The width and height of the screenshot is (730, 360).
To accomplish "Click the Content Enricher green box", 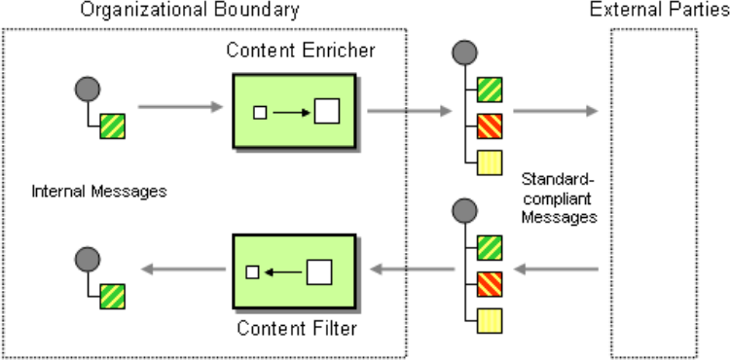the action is pyautogui.click(x=295, y=111).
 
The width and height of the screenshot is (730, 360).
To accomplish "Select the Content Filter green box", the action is pyautogui.click(x=295, y=271).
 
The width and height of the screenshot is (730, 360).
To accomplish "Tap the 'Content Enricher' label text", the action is pyautogui.click(x=301, y=51).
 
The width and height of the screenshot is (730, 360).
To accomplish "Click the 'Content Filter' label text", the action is pyautogui.click(x=297, y=328).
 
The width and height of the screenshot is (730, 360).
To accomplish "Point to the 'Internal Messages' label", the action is pyautogui.click(x=99, y=191).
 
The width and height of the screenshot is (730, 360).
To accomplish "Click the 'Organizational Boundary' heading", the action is pyautogui.click(x=190, y=10).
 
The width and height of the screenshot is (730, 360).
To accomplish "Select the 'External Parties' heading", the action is pyautogui.click(x=660, y=10).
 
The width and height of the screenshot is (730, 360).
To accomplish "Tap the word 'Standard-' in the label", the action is pyautogui.click(x=559, y=180).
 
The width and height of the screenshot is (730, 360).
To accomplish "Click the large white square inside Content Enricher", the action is pyautogui.click(x=327, y=111).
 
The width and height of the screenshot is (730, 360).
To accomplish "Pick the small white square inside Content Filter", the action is pyautogui.click(x=252, y=272).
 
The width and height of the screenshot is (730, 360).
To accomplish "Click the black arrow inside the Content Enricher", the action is pyautogui.click(x=291, y=113).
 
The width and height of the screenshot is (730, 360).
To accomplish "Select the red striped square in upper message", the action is pyautogui.click(x=490, y=126).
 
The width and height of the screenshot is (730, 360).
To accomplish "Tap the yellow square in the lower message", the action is pyautogui.click(x=490, y=320).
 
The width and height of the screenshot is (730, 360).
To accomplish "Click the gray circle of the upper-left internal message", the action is pyautogui.click(x=88, y=89).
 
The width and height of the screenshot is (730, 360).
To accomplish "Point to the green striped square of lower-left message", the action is pyautogui.click(x=113, y=297).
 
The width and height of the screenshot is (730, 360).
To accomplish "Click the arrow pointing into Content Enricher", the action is pyautogui.click(x=181, y=107).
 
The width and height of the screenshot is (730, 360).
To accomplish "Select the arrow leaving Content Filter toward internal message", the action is pyautogui.click(x=183, y=269).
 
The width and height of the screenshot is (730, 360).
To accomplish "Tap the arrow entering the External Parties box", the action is pyautogui.click(x=556, y=111).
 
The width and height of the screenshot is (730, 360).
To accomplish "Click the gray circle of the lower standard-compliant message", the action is pyautogui.click(x=464, y=210).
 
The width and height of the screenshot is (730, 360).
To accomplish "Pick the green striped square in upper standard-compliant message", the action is pyautogui.click(x=490, y=90).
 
